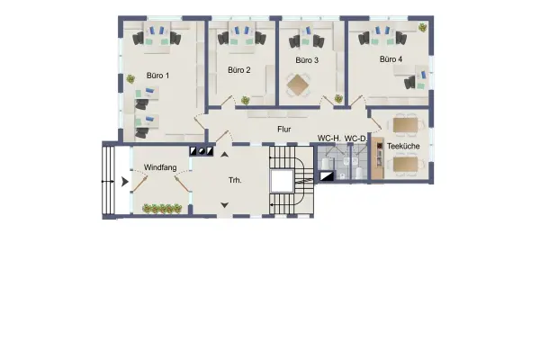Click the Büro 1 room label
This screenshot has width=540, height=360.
point(157,76)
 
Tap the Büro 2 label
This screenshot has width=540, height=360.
point(239,70)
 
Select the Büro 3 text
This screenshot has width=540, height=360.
point(307,60)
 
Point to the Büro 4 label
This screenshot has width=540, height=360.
point(391,59)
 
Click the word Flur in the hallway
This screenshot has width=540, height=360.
point(284,130)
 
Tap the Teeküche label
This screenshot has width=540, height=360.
point(403,146)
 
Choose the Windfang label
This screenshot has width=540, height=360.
point(160,167)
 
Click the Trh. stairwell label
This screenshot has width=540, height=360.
point(235,180)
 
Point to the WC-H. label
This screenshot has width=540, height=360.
point(328,139)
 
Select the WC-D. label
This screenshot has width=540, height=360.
point(355,139)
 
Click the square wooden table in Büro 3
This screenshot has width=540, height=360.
point(298,85)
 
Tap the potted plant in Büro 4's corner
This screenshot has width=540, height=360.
point(423,28)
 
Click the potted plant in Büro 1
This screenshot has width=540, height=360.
point(130,79)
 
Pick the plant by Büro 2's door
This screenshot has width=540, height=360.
point(245,100)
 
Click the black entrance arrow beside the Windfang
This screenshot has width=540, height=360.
point(125,182)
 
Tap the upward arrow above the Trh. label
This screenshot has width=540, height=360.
point(224,154)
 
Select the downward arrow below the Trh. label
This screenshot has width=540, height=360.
point(224,205)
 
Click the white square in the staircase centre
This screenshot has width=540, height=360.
point(282,181)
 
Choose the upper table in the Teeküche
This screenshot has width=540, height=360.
point(405,125)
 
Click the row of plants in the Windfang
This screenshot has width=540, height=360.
point(162,209)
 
